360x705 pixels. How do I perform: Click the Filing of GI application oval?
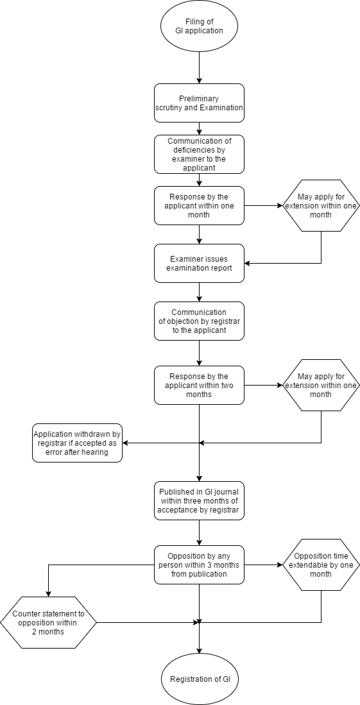[x=199, y=26]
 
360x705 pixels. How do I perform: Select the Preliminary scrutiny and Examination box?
[x=199, y=103]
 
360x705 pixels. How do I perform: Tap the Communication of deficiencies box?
[x=199, y=154]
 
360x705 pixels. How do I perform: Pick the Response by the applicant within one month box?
[x=199, y=205]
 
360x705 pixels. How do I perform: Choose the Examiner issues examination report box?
[x=199, y=263]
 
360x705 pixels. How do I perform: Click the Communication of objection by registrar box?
[x=199, y=321]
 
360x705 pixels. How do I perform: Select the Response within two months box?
[x=199, y=385]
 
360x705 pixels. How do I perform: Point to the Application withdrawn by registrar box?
[x=77, y=443]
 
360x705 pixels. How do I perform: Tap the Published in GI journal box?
[x=199, y=500]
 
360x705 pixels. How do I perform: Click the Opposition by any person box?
[x=199, y=565]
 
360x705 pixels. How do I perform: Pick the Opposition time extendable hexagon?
[x=321, y=565]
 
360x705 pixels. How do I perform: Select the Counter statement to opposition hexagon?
[x=48, y=622]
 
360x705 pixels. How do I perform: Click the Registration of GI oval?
[x=199, y=679]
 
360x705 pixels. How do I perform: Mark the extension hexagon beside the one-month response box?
[x=321, y=205]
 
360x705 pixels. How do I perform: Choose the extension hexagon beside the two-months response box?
[x=321, y=385]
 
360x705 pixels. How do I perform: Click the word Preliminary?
[x=199, y=99]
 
